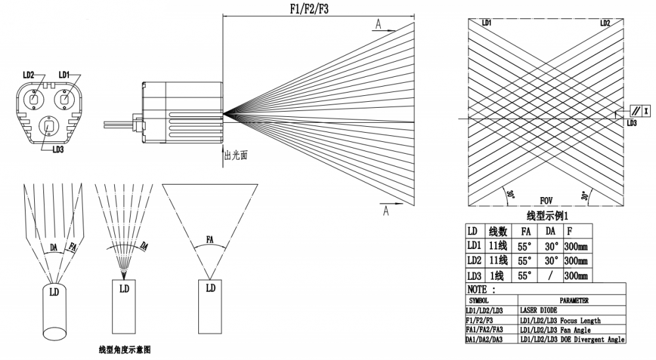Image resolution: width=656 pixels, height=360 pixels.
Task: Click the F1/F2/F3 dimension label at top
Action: point(309,9)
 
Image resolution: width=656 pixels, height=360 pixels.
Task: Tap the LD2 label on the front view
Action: point(28,75)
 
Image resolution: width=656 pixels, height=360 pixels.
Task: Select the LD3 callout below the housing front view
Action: point(58,149)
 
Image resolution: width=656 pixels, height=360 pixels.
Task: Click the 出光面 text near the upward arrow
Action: point(236,155)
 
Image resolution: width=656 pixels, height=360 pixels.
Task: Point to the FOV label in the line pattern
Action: point(546,200)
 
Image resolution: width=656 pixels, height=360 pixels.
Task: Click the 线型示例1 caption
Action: point(547,216)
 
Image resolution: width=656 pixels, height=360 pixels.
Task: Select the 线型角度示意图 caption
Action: point(125,349)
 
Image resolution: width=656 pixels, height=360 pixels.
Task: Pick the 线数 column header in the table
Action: point(498,231)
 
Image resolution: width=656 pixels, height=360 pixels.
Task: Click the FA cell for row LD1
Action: point(525,246)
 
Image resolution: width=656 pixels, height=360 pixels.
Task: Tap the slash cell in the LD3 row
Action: point(550,275)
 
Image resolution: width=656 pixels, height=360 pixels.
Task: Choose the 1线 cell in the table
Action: point(496,275)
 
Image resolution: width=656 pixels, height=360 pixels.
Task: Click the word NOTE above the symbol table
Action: point(477,289)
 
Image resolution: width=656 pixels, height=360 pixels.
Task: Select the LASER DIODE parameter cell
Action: point(538,310)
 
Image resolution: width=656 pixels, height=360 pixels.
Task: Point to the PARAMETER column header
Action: point(574,300)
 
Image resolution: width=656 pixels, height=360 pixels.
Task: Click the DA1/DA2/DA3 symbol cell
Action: point(484,339)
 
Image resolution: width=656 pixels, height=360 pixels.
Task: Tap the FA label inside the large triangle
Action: point(209,240)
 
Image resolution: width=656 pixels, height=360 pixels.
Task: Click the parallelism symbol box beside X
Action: point(636,111)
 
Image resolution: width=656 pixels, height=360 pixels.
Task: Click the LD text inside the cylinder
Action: point(54,292)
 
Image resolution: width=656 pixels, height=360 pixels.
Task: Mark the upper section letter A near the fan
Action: point(378,24)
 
